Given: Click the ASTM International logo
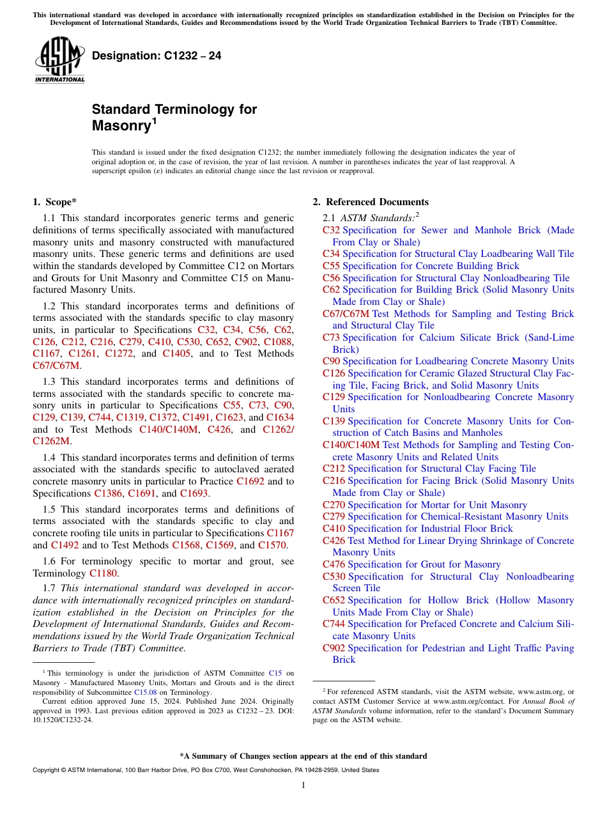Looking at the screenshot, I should click(x=59, y=60).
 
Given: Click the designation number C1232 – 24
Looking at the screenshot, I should click(x=157, y=56).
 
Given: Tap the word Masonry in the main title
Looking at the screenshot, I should click(x=120, y=125).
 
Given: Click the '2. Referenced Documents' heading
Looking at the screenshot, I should click(x=370, y=202).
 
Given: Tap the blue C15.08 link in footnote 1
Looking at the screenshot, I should click(x=144, y=692).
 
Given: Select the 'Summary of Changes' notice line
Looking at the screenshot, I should click(x=303, y=756).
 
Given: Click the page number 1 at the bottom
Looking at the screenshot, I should click(x=303, y=785).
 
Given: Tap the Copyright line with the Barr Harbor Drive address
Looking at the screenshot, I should click(x=206, y=770).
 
